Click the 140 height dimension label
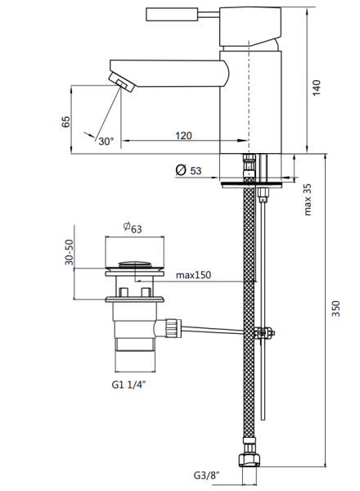tap(317, 88)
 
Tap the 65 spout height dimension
tap(65, 121)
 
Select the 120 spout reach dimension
tap(183, 136)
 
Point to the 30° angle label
tap(106, 142)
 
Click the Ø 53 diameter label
tap(188, 170)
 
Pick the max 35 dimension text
tap(308, 200)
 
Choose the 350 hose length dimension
tap(336, 309)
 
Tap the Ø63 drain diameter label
tap(133, 227)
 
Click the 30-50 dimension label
tap(69, 252)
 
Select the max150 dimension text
tap(193, 275)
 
